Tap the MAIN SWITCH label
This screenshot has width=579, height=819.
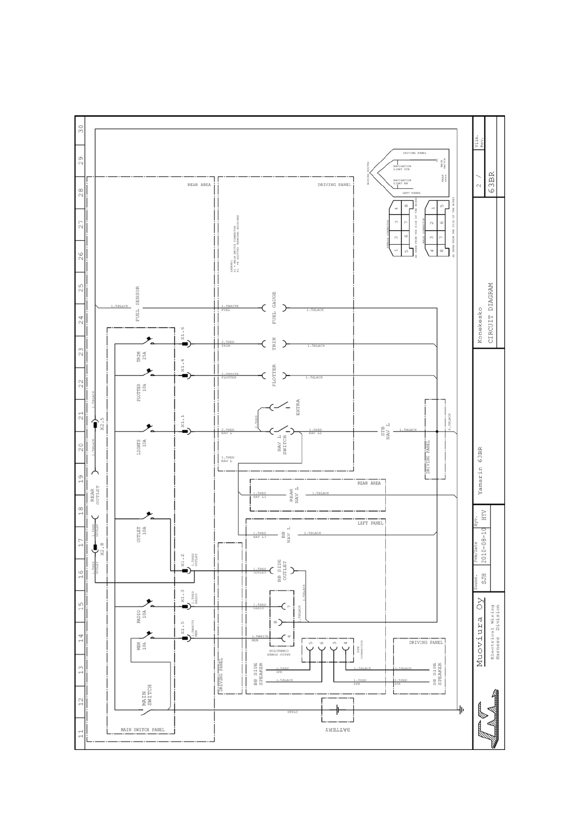pyautogui.click(x=147, y=695)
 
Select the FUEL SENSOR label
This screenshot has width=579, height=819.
pyautogui.click(x=138, y=304)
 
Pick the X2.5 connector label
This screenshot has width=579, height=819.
pyautogui.click(x=102, y=424)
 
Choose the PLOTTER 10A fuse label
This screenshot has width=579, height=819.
pyautogui.click(x=141, y=392)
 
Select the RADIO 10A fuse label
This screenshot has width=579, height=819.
pyautogui.click(x=141, y=617)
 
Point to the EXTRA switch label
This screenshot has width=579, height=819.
pyautogui.click(x=298, y=408)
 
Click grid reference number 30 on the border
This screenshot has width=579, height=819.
pyautogui.click(x=81, y=128)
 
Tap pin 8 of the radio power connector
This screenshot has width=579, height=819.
pyautogui.click(x=275, y=622)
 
